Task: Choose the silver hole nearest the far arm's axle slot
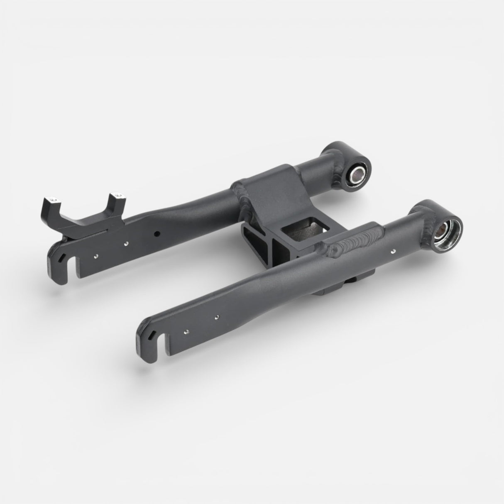(95, 256)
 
